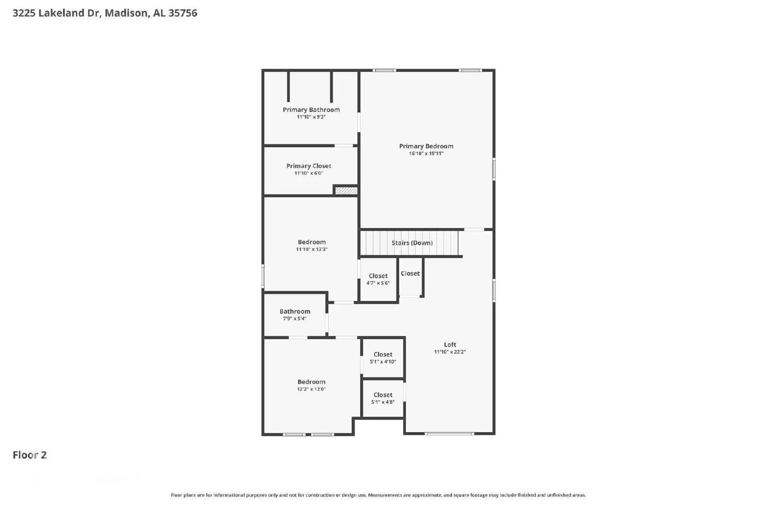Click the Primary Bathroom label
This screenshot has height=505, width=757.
click(311, 110)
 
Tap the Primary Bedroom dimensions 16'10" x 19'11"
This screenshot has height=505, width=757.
click(426, 153)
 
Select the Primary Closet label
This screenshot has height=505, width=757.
click(308, 166)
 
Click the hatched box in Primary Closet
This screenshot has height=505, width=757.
click(346, 190)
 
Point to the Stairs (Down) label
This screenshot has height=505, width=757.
click(412, 243)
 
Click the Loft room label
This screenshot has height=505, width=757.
click(449, 345)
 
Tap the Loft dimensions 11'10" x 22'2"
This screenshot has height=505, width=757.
click(449, 352)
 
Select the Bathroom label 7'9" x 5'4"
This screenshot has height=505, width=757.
click(295, 311)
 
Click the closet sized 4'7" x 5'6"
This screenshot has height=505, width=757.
click(378, 279)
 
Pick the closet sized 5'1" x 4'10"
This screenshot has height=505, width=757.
click(383, 358)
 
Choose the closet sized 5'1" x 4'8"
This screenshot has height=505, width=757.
click(383, 398)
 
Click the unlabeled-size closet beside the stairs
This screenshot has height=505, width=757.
click(410, 274)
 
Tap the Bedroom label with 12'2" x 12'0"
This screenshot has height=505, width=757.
click(311, 382)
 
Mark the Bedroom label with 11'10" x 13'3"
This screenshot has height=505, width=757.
click(311, 242)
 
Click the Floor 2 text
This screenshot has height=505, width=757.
click(29, 455)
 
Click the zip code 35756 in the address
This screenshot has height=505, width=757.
click(183, 13)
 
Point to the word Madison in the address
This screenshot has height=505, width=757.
click(125, 13)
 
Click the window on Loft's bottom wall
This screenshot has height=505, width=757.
click(449, 434)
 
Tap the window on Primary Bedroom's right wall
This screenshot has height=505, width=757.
click(494, 169)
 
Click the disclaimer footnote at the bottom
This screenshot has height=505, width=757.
click(378, 495)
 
